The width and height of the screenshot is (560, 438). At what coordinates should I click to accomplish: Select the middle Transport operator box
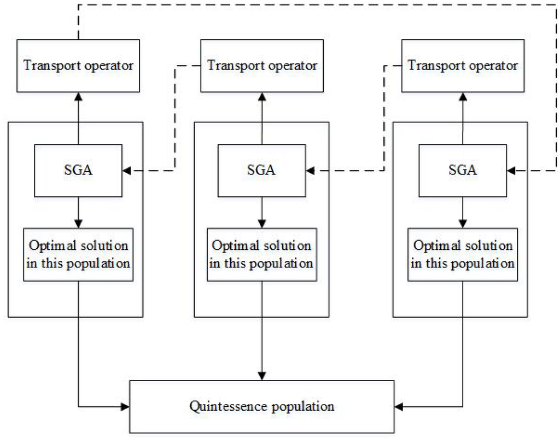pos(262,66)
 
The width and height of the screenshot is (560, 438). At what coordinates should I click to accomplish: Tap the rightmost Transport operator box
pos(463,66)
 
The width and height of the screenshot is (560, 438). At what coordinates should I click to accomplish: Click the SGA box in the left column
pos(78,170)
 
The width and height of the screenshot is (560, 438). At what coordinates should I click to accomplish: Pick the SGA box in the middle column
pos(261,170)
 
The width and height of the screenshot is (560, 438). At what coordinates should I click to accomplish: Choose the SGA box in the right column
pos(463,170)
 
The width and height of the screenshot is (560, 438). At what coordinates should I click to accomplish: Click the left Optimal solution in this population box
pos(78,255)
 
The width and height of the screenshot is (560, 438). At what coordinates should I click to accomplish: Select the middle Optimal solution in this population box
pos(261,255)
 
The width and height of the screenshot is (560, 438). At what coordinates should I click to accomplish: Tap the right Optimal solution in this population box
pos(463,255)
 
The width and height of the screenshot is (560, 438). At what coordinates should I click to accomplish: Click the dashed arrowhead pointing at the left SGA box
pos(126,171)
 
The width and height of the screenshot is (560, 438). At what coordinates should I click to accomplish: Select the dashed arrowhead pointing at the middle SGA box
pos(310,171)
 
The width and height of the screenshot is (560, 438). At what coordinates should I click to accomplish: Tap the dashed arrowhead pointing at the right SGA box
pos(511,171)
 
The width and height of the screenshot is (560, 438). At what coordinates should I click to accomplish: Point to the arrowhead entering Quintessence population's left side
pos(125,406)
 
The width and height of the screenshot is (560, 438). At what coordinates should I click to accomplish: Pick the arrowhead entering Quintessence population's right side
pos(398,406)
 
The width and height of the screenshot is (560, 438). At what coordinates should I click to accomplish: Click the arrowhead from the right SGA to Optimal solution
pos(463,224)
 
